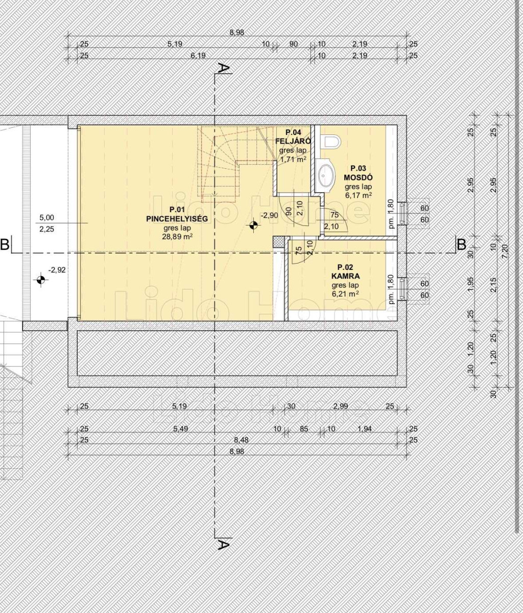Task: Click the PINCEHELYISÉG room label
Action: (x=177, y=219)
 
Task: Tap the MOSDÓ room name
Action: (x=358, y=177)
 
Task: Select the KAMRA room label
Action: (x=345, y=276)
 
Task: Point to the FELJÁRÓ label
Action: (x=293, y=141)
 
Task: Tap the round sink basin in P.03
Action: (x=325, y=176)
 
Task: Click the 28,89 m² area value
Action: (x=177, y=237)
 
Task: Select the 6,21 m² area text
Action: (x=345, y=293)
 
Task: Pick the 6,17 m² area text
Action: (x=358, y=195)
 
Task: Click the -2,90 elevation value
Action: (x=270, y=215)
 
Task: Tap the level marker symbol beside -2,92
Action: (x=40, y=280)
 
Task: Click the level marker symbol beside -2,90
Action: (x=253, y=225)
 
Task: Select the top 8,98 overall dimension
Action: (x=236, y=32)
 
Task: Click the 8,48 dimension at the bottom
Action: (x=242, y=440)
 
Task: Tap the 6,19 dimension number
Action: (x=198, y=56)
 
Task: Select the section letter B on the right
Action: (x=462, y=244)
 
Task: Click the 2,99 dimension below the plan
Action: (x=341, y=406)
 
